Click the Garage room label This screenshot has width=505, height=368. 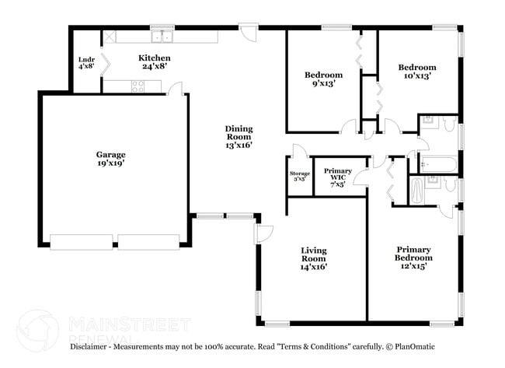click(x=111, y=159)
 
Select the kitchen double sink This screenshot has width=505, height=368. click(x=162, y=37)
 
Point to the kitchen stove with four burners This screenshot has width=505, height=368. click(x=138, y=87)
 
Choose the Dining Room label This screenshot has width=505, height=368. click(x=239, y=135)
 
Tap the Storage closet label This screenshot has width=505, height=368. click(x=300, y=176)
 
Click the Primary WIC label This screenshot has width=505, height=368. click(x=337, y=176)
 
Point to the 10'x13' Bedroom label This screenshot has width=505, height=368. click(x=418, y=72)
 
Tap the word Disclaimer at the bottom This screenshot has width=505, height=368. click(x=94, y=346)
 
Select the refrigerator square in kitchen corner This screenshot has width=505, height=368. click(x=110, y=36)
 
